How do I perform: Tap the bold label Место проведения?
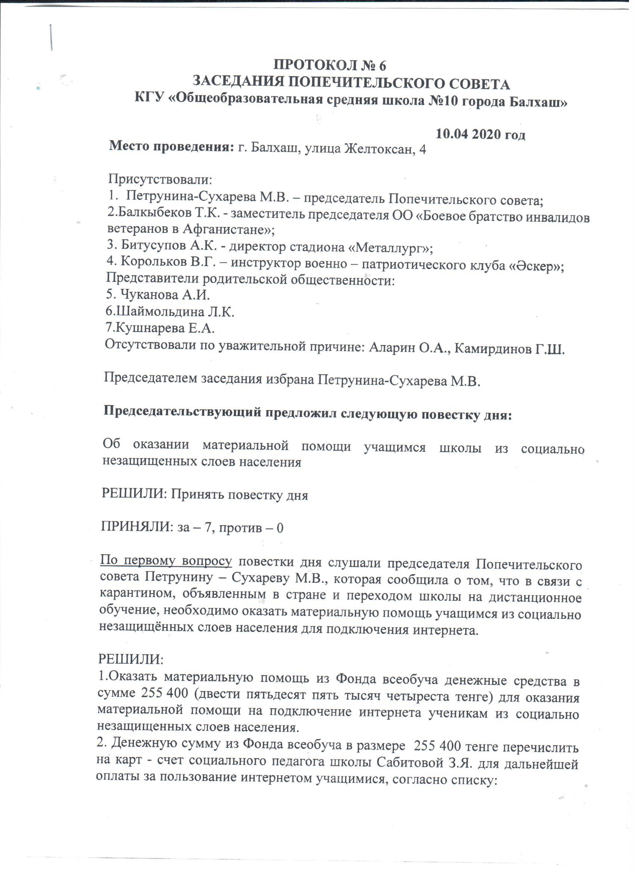click(172, 147)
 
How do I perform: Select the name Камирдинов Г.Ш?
click(509, 349)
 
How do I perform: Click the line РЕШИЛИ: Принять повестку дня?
click(204, 495)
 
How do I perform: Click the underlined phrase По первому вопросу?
click(166, 561)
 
